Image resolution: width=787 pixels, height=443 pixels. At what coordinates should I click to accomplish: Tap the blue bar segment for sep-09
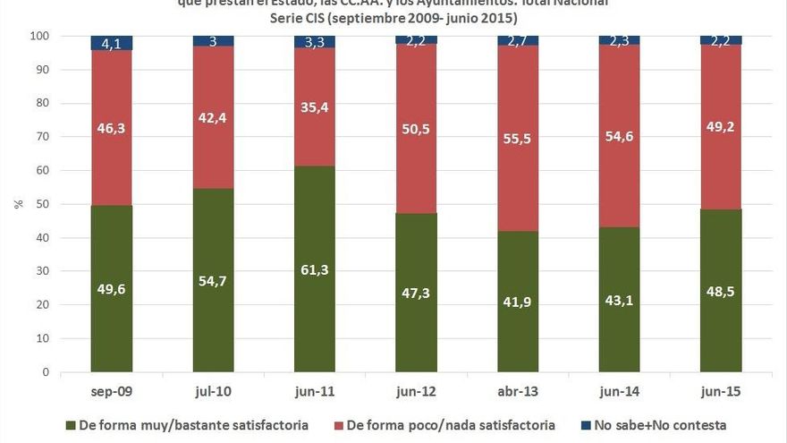pyautogui.click(x=112, y=43)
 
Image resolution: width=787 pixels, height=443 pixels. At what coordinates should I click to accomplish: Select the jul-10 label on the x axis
pyautogui.click(x=213, y=392)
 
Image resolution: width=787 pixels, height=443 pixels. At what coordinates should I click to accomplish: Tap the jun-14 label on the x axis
pyautogui.click(x=619, y=392)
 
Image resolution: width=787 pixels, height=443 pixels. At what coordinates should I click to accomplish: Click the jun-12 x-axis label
pyautogui.click(x=416, y=392)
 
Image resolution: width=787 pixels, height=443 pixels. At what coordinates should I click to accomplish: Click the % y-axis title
pyautogui.click(x=18, y=204)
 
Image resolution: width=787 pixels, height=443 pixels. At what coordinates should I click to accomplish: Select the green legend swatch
pyautogui.click(x=71, y=425)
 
